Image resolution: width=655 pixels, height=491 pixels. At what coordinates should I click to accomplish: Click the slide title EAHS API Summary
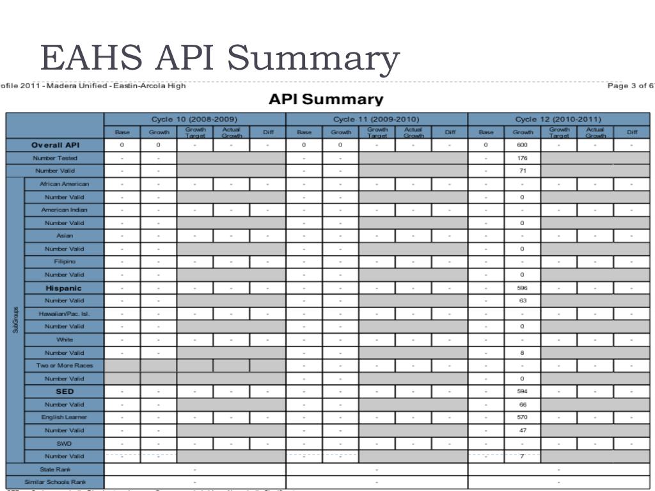point(219,58)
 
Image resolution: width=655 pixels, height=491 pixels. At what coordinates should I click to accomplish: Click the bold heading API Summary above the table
point(326,100)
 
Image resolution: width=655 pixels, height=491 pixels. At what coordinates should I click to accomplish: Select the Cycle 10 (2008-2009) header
point(194,120)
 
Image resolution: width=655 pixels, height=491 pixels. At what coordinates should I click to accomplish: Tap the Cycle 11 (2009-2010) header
point(377,120)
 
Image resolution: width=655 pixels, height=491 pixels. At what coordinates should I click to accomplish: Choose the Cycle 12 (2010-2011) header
point(558,120)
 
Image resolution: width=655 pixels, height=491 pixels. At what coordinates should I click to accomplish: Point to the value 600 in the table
point(522,145)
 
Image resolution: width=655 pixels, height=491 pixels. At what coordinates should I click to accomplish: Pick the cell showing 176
point(522,158)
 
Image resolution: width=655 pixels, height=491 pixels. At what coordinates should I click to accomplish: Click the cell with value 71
point(522,171)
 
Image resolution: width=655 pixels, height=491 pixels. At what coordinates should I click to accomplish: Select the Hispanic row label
point(64,288)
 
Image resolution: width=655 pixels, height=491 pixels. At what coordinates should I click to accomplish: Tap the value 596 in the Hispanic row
point(522,288)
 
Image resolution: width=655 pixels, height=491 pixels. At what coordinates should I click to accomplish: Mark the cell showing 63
point(522,300)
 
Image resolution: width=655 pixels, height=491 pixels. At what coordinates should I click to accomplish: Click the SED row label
point(64,391)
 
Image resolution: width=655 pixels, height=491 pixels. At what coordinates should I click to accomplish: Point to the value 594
point(522,391)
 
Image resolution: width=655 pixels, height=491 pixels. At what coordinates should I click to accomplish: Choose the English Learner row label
point(64,417)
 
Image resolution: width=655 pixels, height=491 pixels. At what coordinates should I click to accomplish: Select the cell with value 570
point(522,417)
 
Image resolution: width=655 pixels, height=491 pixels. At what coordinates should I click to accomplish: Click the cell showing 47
point(522,430)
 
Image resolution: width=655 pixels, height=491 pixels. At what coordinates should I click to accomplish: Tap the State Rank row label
point(56,469)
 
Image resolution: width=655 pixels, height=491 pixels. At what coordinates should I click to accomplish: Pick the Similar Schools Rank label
point(55,482)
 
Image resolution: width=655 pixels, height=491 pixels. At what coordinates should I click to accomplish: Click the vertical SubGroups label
point(15,320)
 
